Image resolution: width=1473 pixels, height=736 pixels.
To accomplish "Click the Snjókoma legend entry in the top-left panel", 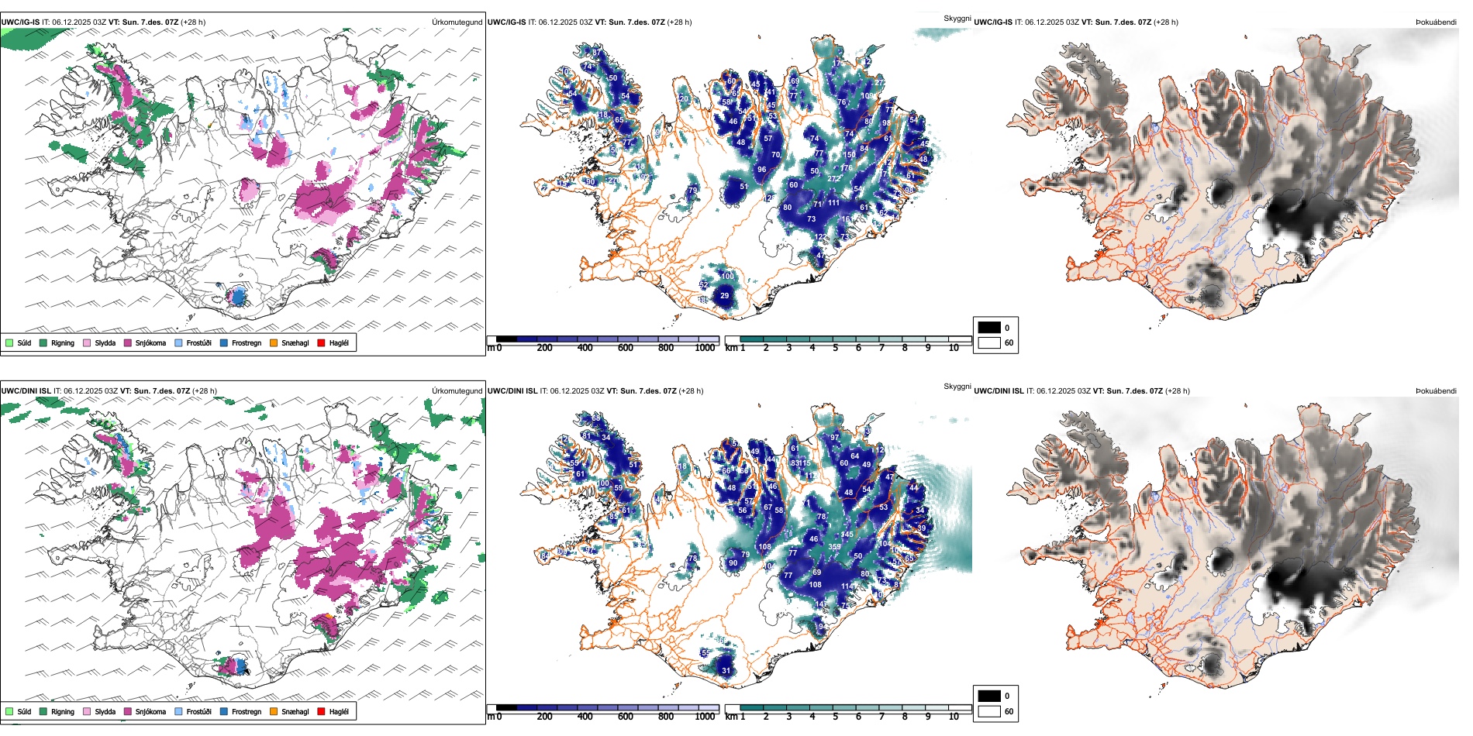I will pyautogui.click(x=150, y=343).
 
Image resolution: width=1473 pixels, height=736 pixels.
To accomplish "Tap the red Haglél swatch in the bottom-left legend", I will pyautogui.click(x=321, y=711).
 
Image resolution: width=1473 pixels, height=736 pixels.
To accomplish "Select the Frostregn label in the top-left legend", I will pyautogui.click(x=246, y=343).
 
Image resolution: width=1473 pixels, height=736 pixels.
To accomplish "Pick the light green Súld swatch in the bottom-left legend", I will pyautogui.click(x=9, y=711).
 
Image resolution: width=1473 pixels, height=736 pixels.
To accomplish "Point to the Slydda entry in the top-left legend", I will pyautogui.click(x=105, y=343).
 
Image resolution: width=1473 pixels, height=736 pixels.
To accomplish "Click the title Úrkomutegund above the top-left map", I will pyautogui.click(x=457, y=22).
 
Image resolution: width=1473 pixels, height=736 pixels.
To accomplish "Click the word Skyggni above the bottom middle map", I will pyautogui.click(x=957, y=387).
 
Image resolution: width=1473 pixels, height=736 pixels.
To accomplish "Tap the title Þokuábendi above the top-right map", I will pyautogui.click(x=1436, y=22).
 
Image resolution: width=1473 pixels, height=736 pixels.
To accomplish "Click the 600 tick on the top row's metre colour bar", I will pyautogui.click(x=625, y=348).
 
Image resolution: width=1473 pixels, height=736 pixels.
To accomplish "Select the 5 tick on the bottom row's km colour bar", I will pyautogui.click(x=836, y=717).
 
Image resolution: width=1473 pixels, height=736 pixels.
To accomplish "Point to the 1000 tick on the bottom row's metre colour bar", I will pyautogui.click(x=705, y=717).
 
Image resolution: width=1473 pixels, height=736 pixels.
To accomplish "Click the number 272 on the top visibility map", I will pyautogui.click(x=834, y=179).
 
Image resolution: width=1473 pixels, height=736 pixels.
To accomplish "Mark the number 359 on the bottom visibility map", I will pyautogui.click(x=835, y=547).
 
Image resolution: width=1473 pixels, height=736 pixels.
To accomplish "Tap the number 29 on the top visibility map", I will pyautogui.click(x=724, y=296).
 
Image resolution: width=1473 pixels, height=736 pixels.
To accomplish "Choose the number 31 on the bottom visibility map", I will pyautogui.click(x=726, y=671).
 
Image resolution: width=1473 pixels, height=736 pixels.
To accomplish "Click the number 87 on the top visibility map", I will pyautogui.click(x=596, y=53).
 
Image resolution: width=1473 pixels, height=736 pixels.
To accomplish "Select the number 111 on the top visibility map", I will pyautogui.click(x=833, y=203).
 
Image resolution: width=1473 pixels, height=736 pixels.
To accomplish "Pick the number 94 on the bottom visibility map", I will pyautogui.click(x=822, y=627).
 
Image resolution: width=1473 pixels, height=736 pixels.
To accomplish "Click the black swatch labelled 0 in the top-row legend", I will pyautogui.click(x=989, y=328).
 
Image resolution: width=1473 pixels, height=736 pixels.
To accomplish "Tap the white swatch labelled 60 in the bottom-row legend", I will pyautogui.click(x=989, y=711).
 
